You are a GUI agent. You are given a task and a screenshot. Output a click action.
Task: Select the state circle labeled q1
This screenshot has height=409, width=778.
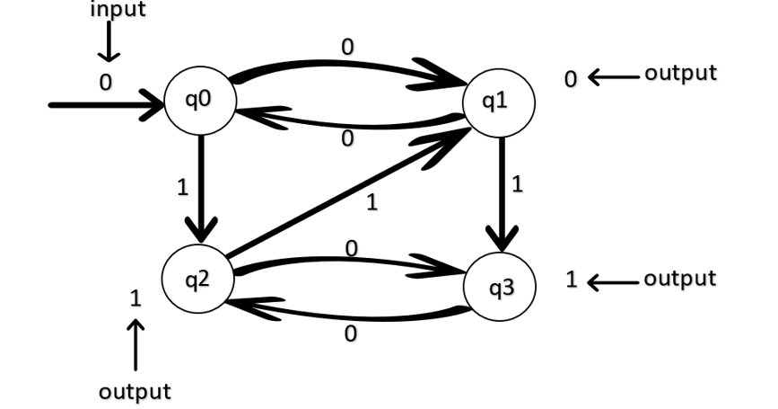pos(498,102)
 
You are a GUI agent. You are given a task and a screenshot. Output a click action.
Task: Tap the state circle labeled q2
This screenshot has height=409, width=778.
pos(197,279)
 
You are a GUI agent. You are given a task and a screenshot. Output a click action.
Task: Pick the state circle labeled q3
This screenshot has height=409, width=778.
pos(500,288)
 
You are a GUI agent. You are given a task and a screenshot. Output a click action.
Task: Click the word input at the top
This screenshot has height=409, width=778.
pos(118,10)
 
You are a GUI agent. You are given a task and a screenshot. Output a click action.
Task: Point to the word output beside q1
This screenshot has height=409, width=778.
pos(681,74)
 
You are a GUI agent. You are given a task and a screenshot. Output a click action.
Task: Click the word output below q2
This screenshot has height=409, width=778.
pos(135,392)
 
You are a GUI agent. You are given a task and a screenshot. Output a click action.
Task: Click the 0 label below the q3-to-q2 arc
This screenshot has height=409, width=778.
pos(350,334)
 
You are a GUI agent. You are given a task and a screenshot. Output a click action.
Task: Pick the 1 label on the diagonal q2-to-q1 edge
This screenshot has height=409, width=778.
pos(372,203)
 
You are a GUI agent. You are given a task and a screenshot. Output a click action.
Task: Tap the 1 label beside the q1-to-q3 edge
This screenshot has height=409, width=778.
pos(517,184)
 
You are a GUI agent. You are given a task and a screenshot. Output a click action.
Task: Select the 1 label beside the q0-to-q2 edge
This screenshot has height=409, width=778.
pos(182,188)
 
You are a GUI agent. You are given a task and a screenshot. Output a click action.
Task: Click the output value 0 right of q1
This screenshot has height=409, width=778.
pos(571,79)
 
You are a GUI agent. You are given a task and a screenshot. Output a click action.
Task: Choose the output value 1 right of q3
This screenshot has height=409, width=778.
pos(571,280)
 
